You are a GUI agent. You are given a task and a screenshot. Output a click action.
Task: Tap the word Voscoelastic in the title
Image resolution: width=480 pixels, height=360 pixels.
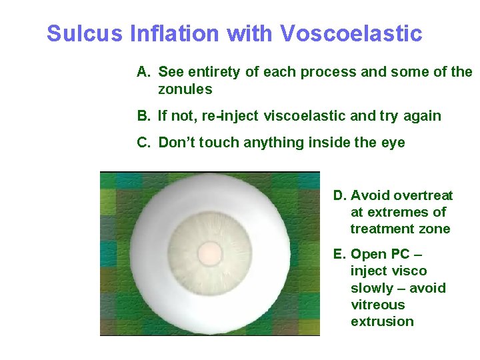(x=351, y=33)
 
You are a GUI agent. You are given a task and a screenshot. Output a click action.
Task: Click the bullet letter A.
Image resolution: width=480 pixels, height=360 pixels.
(x=143, y=72)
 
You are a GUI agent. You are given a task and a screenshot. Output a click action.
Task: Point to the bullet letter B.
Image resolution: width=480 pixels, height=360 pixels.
(x=143, y=116)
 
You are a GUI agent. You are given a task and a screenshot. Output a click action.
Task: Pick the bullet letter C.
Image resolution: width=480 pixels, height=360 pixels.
(x=143, y=143)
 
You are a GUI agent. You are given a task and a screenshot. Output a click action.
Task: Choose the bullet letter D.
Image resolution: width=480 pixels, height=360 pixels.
(x=339, y=195)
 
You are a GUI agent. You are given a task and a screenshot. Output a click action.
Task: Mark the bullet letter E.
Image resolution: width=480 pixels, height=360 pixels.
(x=339, y=254)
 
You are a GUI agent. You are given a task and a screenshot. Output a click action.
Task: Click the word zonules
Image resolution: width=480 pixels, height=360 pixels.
(x=185, y=89)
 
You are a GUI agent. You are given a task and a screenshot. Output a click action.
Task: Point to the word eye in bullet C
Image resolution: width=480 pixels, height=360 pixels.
(x=393, y=143)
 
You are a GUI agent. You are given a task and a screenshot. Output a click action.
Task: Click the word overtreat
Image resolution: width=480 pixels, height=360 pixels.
(x=423, y=195)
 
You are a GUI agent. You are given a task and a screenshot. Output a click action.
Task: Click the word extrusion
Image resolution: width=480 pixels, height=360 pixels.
(x=382, y=321)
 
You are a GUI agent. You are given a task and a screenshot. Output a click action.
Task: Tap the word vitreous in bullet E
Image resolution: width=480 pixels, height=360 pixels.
(x=377, y=305)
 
